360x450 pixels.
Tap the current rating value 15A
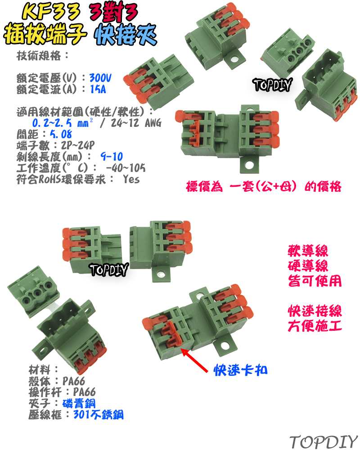coord(98,89)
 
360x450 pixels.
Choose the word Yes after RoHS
coord(131,180)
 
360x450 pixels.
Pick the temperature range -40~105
coord(125,168)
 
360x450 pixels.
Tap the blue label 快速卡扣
coord(241,370)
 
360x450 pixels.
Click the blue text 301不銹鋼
coord(98,414)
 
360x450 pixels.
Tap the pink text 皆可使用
coord(314,281)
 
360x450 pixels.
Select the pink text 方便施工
coord(314,325)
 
